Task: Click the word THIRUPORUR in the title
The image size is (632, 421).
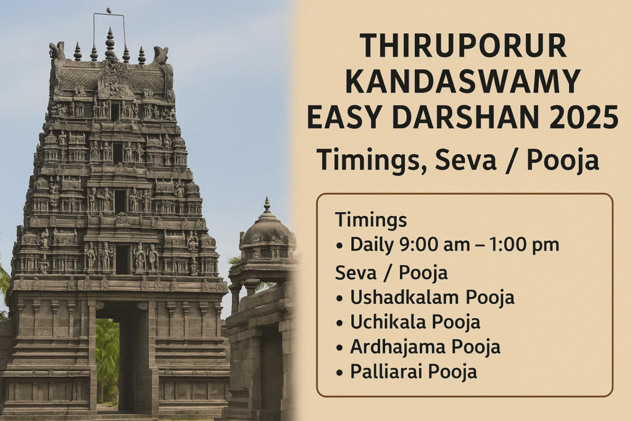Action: tap(463, 46)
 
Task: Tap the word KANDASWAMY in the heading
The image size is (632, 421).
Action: tap(463, 82)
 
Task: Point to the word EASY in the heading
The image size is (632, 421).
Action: tap(344, 116)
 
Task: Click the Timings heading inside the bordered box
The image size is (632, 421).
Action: tap(371, 221)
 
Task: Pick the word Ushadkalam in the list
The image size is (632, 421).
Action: tap(404, 298)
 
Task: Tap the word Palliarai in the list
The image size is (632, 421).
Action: tap(386, 371)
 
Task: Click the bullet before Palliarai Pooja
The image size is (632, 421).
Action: tap(339, 372)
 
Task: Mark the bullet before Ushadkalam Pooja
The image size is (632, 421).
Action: tap(339, 298)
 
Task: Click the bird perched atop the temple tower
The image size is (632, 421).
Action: tap(109, 10)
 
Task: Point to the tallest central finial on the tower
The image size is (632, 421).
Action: tap(110, 44)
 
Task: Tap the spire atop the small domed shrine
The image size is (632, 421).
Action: tap(267, 205)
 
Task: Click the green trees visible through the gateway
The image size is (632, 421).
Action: tap(107, 358)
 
